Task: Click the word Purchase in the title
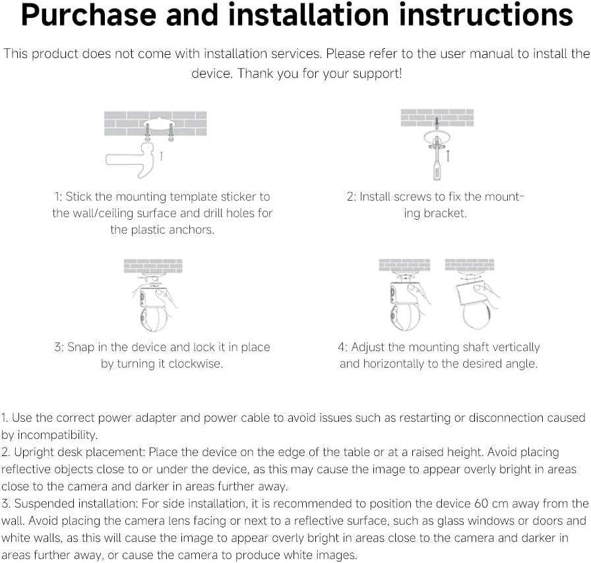point(88,15)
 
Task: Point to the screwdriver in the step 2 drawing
point(437,159)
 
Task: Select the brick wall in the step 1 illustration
point(155,123)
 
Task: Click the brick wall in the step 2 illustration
point(437,117)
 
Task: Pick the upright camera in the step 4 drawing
point(404,306)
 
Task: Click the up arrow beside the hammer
point(162,156)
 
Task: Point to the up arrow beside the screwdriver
point(448,155)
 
